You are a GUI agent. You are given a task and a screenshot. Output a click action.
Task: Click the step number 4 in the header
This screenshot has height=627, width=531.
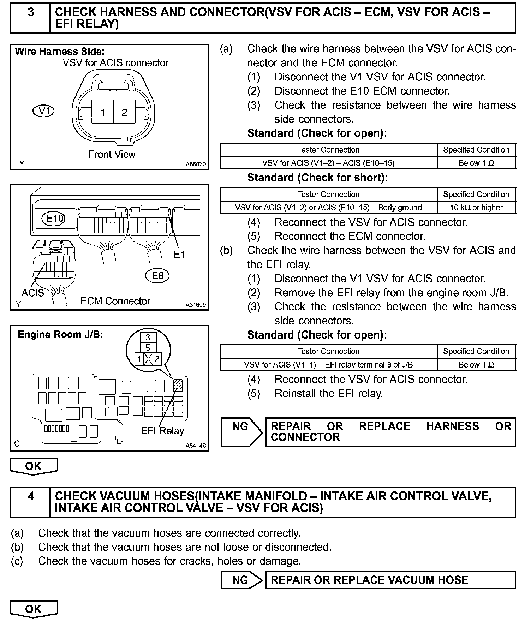31,496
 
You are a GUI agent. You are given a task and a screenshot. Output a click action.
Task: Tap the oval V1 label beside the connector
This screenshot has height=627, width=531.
43,111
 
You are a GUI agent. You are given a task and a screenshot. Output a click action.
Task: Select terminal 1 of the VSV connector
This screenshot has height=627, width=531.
102,113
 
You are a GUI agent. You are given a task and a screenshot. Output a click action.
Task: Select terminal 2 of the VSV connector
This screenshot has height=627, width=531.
124,113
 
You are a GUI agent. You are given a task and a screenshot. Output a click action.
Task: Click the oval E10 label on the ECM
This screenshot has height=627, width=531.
55,219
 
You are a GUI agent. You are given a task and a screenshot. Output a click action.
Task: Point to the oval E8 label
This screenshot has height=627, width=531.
157,275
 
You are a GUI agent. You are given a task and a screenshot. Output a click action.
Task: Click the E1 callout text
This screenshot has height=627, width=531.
179,254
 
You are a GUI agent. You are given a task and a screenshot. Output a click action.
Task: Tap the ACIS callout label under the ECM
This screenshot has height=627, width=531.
33,293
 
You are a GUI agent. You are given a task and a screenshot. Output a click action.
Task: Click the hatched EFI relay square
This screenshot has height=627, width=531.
178,386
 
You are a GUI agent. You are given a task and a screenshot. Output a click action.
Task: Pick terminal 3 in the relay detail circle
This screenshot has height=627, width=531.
148,337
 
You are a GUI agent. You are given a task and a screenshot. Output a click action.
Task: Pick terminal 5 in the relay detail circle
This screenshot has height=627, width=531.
148,348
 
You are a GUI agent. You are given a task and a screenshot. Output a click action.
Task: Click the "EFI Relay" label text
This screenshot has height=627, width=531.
162,431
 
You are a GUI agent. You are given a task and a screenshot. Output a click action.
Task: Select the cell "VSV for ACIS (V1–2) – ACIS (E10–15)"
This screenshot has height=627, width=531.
328,163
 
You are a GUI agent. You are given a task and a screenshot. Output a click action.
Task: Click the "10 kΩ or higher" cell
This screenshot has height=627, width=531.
476,208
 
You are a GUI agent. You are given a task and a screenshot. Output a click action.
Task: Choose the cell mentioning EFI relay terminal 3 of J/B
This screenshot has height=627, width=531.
328,365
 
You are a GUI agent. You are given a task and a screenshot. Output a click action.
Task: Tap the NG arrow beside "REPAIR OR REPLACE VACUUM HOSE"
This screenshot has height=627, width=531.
241,580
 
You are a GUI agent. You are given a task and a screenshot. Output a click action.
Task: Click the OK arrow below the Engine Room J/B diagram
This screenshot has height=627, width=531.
34,466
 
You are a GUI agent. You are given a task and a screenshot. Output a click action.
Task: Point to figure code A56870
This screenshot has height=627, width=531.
196,165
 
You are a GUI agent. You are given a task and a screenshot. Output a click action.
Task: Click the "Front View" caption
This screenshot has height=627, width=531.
112,154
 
